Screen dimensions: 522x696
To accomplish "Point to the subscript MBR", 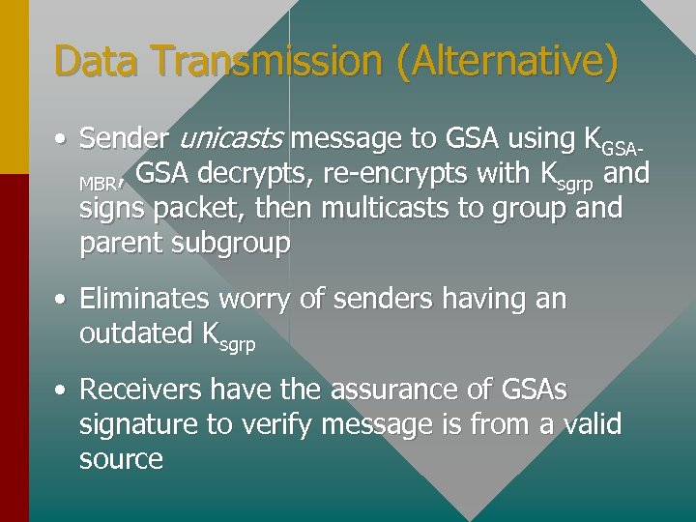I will [97, 182].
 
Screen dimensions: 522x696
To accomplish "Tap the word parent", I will [119, 244].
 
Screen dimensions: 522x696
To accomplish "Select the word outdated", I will [136, 333].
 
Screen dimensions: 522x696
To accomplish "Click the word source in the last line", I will [121, 458].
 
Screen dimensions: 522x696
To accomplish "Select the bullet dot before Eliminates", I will [61, 301].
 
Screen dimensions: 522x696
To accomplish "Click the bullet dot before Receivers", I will [61, 391].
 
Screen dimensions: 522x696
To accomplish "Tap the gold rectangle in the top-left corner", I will [14, 87].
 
